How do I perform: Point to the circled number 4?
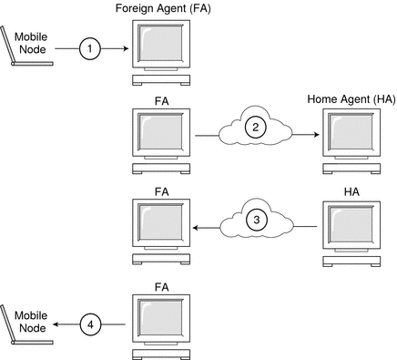click(88, 323)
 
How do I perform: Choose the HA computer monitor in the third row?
click(349, 227)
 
